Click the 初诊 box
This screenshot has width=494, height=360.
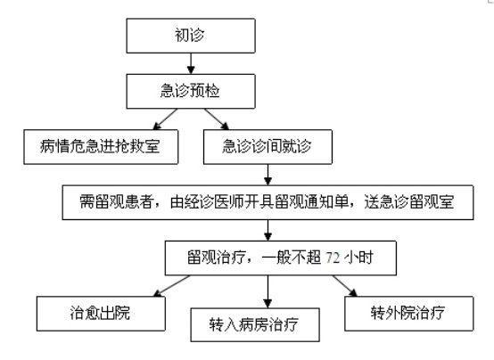coord(191,36)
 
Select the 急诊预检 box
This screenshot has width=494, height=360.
coord(191,92)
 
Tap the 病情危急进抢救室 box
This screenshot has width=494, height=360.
coord(101,147)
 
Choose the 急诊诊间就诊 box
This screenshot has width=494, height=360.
coord(268,147)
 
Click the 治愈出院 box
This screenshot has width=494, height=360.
coord(101,314)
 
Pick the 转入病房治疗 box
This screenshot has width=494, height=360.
coord(255,324)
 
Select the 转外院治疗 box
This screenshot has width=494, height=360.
coord(409,314)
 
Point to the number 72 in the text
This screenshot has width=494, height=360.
coord(333,258)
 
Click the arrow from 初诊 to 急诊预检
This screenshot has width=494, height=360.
coord(191,63)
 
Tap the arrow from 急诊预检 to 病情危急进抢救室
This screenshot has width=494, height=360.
coord(165,119)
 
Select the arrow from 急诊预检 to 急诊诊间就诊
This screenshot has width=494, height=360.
coord(217,119)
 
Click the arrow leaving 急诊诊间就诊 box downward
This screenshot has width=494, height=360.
coord(268,175)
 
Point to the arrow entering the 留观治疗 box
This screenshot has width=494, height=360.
coord(268,230)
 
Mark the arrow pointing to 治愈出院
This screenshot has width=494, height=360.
coord(172,286)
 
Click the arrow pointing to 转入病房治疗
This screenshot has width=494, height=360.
coord(268,291)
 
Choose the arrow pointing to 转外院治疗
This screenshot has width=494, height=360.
coord(345,286)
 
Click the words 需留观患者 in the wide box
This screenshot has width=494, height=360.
coord(116,202)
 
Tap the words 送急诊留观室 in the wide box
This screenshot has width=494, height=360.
coord(409,202)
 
